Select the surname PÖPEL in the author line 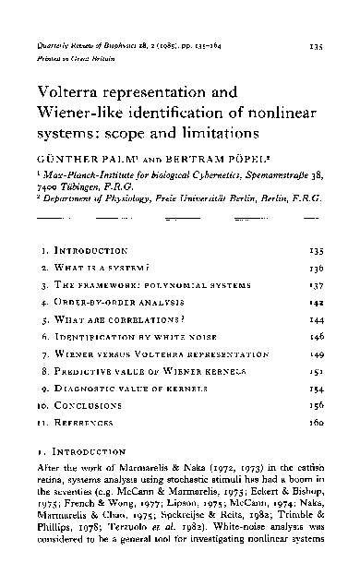tap(236, 159)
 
